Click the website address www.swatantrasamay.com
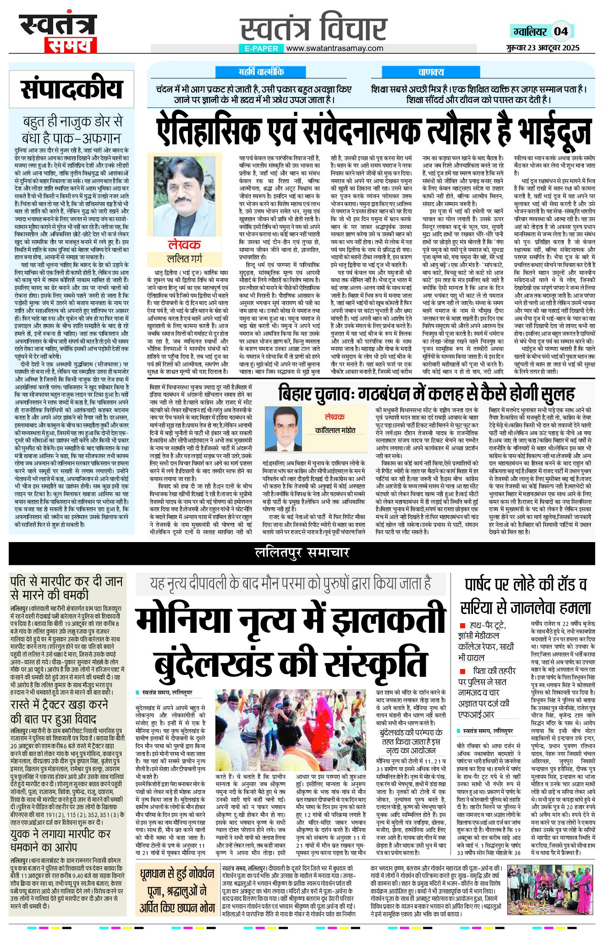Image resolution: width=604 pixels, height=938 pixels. pos(335,48)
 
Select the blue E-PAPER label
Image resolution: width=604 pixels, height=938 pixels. pos(261,48)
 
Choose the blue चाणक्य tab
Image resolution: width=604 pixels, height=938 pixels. pos(431,72)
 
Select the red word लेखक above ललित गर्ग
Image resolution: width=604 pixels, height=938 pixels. pos(184,245)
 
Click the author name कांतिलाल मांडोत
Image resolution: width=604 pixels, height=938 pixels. pos(335,431)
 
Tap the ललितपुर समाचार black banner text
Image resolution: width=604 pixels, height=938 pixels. pos(302,553)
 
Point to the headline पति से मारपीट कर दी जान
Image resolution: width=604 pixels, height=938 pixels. pos(66,581)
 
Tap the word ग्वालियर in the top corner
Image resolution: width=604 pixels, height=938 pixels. pos(530,32)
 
